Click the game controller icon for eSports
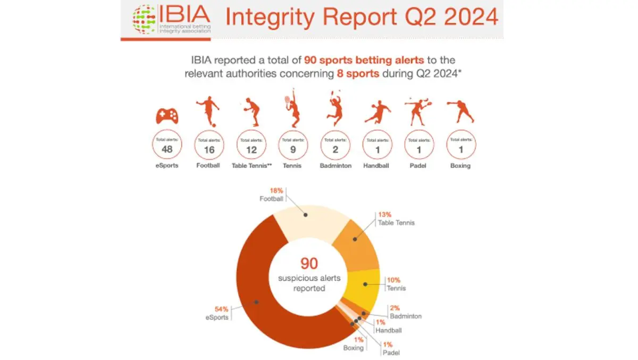click(166, 116)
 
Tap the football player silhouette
click(208, 111)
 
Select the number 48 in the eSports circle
click(167, 149)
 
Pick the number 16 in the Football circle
click(209, 149)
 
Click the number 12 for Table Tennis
click(251, 149)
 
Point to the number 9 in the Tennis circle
click(292, 149)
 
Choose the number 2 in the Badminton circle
click(335, 149)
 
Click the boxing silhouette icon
click(460, 112)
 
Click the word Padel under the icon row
click(418, 166)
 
